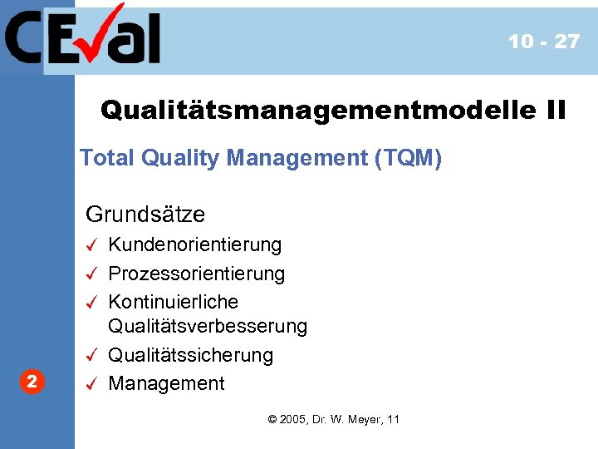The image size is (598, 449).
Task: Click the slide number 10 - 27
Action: point(543,42)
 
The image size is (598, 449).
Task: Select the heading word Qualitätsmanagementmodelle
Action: point(316,109)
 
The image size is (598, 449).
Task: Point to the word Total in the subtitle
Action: point(106,158)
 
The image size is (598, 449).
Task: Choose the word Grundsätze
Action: point(145,214)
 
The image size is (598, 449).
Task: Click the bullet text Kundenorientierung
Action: point(195,244)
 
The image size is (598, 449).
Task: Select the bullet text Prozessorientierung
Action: point(197,273)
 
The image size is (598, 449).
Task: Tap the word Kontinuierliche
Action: point(174,301)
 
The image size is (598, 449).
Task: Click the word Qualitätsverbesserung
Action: point(208,327)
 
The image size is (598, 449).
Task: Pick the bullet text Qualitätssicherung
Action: point(191,355)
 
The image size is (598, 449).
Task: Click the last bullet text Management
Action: point(167,383)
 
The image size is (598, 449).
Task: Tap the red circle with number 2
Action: point(31,382)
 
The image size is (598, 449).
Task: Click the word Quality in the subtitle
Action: point(175,158)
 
